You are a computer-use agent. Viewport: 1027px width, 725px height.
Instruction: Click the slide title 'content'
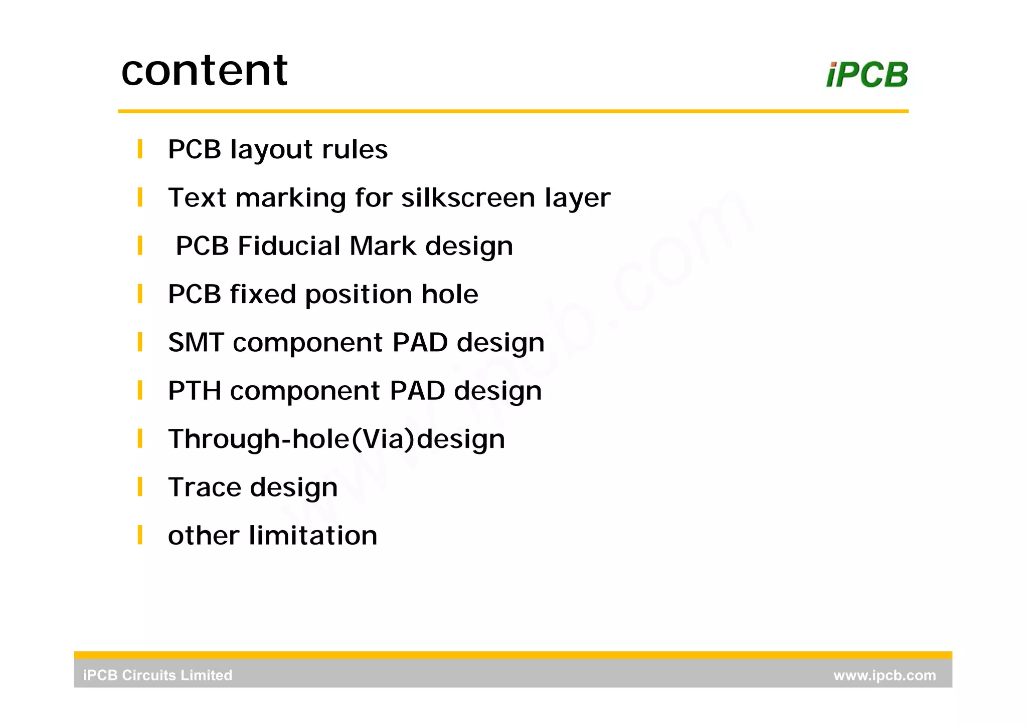click(x=205, y=70)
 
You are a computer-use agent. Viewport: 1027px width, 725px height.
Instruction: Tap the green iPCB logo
click(x=867, y=75)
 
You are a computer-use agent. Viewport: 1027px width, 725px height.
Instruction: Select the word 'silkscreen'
click(x=468, y=197)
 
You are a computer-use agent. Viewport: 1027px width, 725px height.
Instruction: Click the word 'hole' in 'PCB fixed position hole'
click(x=449, y=294)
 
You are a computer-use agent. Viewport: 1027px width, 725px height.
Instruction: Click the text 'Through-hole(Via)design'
click(x=336, y=439)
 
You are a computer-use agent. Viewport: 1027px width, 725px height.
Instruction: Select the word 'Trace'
click(x=205, y=488)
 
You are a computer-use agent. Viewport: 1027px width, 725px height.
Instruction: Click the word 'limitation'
click(x=313, y=536)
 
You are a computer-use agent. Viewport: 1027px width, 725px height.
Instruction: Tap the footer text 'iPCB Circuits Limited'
click(x=157, y=675)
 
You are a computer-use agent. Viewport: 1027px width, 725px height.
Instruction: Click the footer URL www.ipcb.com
click(x=884, y=675)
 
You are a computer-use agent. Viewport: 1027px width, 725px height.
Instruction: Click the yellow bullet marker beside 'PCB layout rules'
click(x=140, y=149)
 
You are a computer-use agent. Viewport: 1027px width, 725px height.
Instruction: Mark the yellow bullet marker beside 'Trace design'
click(x=140, y=487)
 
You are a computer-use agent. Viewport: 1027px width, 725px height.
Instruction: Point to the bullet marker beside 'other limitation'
click(x=140, y=535)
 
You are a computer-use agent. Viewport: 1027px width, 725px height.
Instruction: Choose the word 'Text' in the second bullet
click(x=197, y=197)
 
